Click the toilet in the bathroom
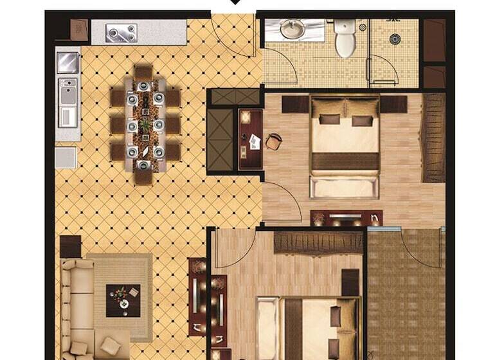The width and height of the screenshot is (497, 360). click(345, 39)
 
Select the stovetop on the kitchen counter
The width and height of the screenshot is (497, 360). click(122, 32)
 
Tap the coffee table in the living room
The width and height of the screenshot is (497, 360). click(123, 300)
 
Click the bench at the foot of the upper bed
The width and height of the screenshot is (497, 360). click(344, 187)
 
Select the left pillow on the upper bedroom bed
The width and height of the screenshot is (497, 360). click(329, 120)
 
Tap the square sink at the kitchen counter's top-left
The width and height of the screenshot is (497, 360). click(68, 62)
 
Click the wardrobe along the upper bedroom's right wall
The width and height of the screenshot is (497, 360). click(433, 138)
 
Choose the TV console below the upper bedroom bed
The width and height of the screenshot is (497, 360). click(346, 218)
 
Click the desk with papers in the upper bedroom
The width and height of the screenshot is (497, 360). click(251, 139)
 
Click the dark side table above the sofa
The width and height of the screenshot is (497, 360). click(71, 246)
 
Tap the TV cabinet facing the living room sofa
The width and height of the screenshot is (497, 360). click(197, 296)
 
